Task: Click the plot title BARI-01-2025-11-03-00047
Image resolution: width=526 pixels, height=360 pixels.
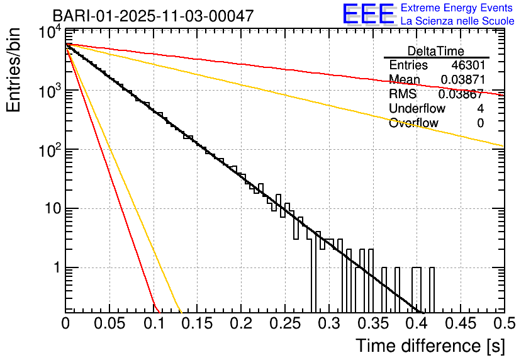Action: [x=154, y=16]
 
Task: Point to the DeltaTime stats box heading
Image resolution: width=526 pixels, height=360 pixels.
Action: [x=436, y=51]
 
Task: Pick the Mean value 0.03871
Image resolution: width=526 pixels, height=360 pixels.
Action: [x=462, y=80]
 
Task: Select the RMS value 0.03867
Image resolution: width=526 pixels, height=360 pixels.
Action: [x=461, y=94]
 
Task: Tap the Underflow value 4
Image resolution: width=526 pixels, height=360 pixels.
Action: [x=480, y=109]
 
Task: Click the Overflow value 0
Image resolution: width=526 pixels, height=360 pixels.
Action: [x=480, y=123]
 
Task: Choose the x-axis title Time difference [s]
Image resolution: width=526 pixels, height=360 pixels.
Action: [x=429, y=346]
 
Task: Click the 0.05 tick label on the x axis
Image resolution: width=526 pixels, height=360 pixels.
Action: [x=109, y=323]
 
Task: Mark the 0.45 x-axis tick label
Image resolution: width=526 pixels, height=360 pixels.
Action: [x=460, y=323]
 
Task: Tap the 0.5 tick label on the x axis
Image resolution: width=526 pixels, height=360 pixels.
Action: [x=503, y=323]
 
